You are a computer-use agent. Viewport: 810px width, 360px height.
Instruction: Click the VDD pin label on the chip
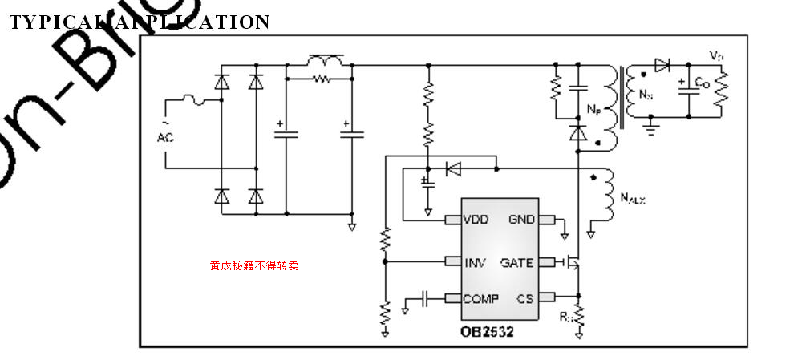pos(476,219)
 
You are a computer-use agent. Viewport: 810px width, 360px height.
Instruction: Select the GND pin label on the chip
pos(522,219)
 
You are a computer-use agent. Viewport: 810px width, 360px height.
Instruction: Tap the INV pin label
pos(475,262)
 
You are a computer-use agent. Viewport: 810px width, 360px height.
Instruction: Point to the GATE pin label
pos(517,262)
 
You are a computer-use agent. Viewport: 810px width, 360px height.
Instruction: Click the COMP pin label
pos(480,299)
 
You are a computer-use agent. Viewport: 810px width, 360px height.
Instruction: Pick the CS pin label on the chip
pos(525,299)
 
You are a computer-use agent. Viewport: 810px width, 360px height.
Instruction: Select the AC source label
pos(165,137)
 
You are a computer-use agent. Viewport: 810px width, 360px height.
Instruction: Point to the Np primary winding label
pos(593,109)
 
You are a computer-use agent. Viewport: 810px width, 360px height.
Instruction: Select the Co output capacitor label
pos(700,83)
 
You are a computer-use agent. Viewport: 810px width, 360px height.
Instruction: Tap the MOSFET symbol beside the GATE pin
pos(572,262)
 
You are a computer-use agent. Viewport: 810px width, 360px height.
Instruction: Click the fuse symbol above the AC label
pos(193,100)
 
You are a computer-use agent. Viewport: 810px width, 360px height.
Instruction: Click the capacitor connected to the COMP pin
pos(425,299)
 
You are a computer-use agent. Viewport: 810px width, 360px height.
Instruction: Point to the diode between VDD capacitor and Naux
pos(453,168)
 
